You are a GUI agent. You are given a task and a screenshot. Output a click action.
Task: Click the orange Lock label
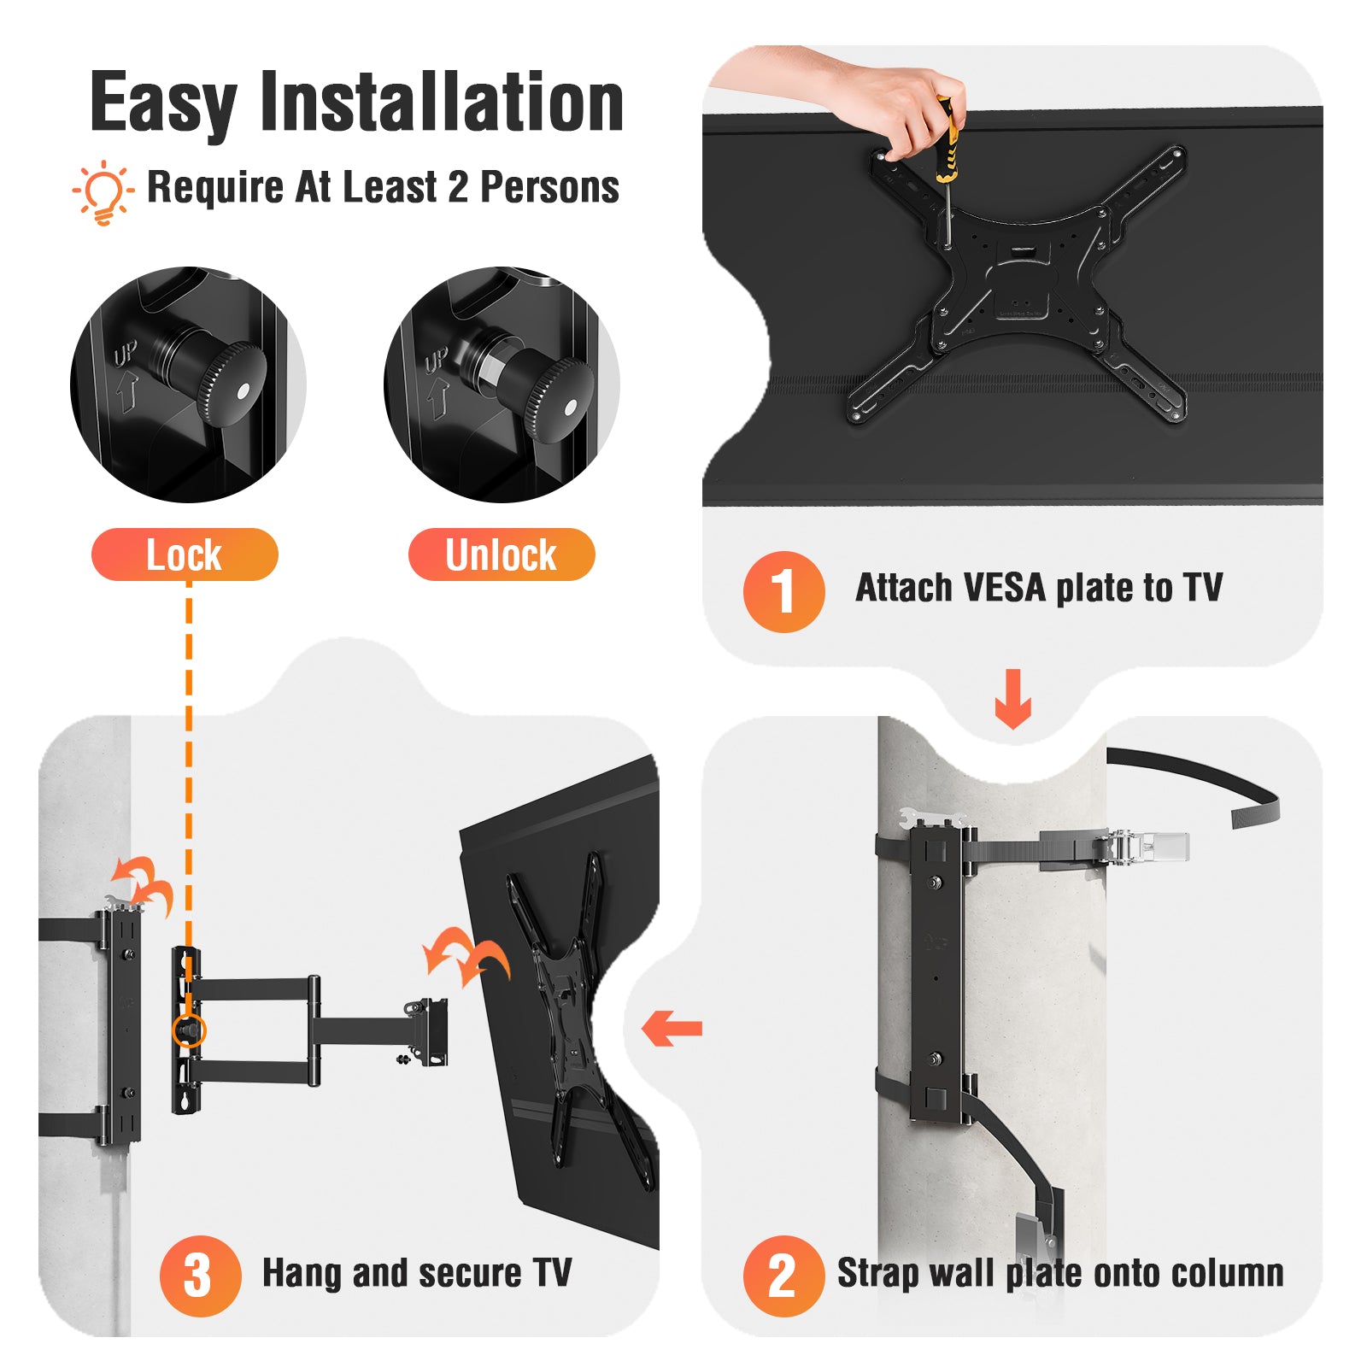click(185, 554)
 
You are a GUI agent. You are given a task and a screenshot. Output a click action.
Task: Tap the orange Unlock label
click(502, 554)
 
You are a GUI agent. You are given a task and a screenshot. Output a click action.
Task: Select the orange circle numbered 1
click(783, 591)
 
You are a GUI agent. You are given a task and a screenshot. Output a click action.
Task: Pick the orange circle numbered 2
click(783, 1276)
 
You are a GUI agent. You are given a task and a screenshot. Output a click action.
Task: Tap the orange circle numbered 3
click(200, 1276)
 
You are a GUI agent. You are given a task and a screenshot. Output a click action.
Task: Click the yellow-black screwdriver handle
click(945, 141)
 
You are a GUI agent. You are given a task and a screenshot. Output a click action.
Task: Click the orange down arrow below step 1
click(1013, 699)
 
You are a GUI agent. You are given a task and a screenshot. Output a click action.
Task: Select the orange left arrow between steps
click(672, 1028)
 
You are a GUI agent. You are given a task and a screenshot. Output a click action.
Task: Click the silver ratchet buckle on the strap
click(1145, 847)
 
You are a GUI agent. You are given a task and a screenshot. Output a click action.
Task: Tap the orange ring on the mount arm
click(189, 1031)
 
